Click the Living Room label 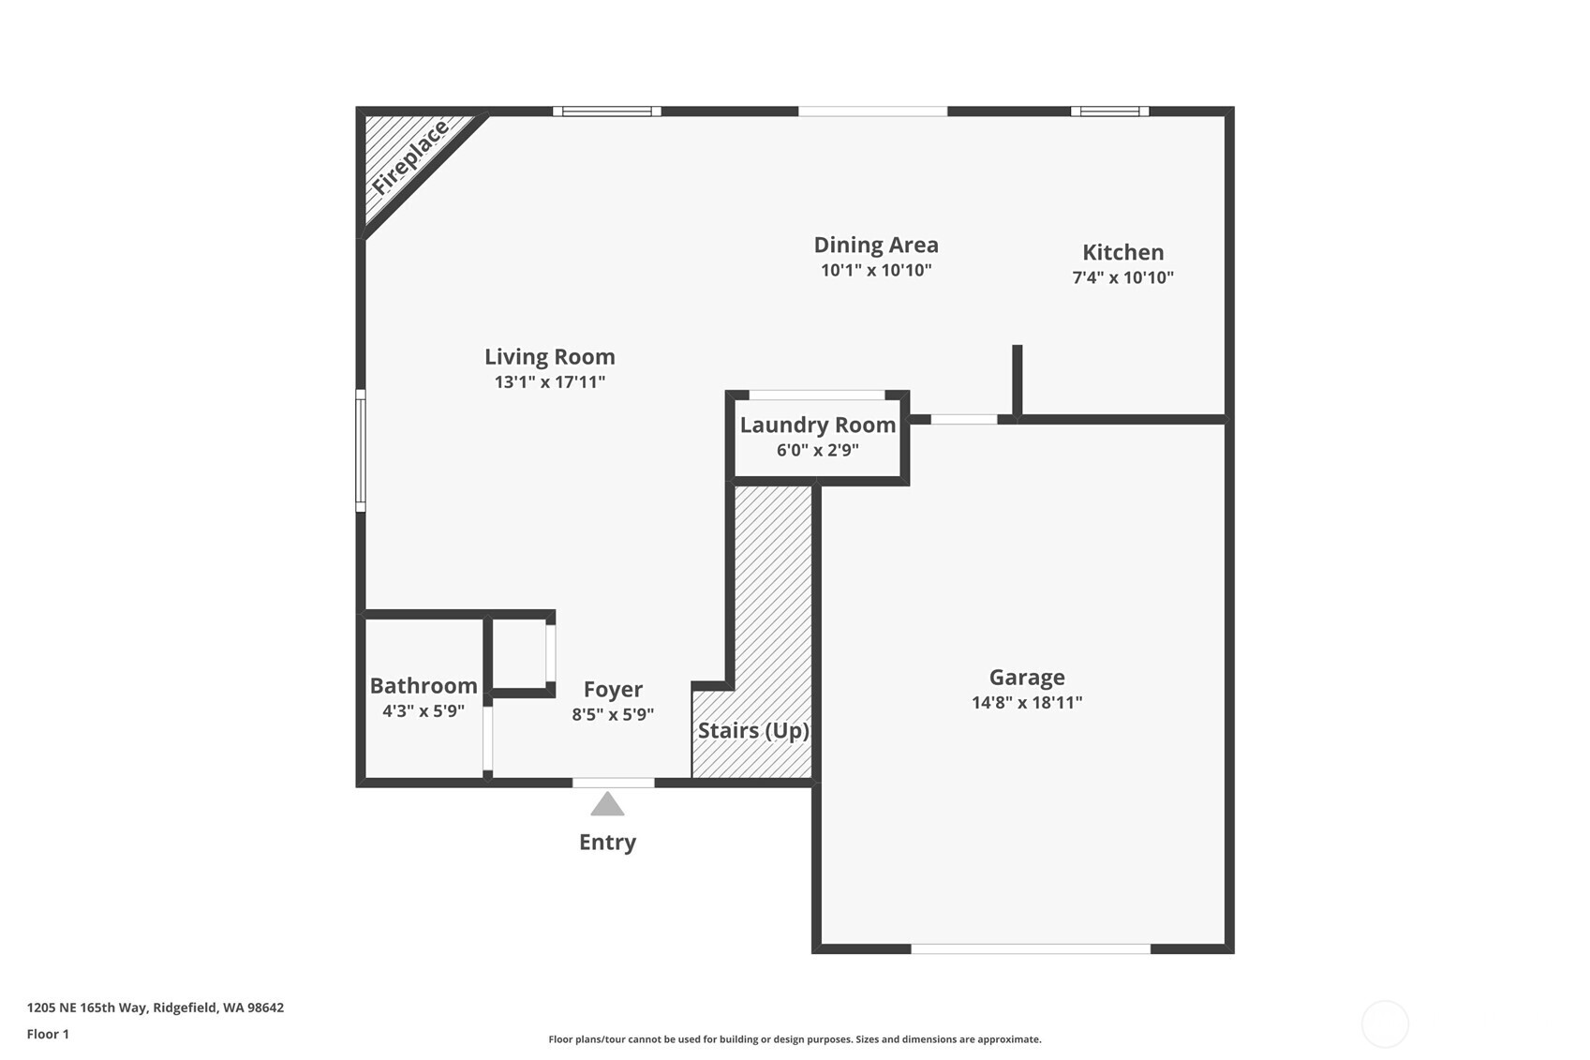click(x=549, y=357)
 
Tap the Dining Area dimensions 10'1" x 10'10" click(x=875, y=271)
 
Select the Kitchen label click(x=1122, y=252)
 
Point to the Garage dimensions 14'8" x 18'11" click(x=1027, y=703)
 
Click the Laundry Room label click(x=817, y=425)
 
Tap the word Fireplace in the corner click(x=409, y=157)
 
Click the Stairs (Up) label click(x=753, y=730)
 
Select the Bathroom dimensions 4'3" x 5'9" click(x=423, y=711)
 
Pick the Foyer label click(x=613, y=690)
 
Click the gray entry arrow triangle click(x=607, y=805)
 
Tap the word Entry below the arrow click(x=607, y=842)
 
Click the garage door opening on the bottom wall click(x=1030, y=948)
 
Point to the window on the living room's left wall click(x=361, y=451)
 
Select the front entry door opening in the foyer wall click(x=613, y=783)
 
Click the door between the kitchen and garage click(x=963, y=419)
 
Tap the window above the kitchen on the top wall click(x=1109, y=112)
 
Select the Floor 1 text click(x=48, y=1034)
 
